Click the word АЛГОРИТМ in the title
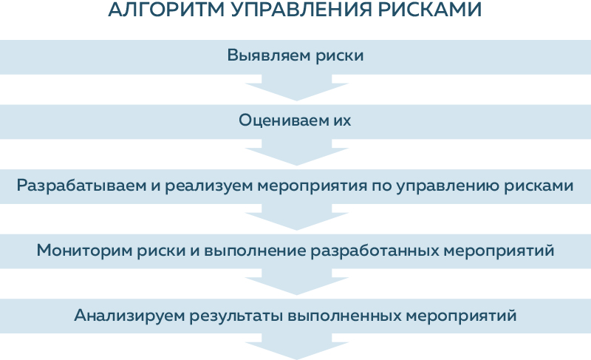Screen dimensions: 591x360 pos(165,10)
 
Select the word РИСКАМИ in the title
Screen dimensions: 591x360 pos(430,10)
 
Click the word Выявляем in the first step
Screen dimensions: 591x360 pos(269,55)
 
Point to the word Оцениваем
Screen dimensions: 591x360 pos(284,120)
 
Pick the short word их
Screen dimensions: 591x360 pos(342,120)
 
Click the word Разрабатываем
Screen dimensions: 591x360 pos(81,186)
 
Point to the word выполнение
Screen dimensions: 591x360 pos(255,251)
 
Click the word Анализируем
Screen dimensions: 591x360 pos(130,315)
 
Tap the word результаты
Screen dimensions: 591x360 pos(236,316)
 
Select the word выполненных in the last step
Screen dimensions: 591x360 pos(344,316)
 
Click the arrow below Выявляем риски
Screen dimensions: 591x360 pos(297,87)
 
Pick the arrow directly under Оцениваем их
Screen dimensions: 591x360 pos(297,152)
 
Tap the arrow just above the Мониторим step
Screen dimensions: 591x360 pos(297,217)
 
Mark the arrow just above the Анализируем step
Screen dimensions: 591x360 pos(297,282)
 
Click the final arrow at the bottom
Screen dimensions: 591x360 pos(297,346)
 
